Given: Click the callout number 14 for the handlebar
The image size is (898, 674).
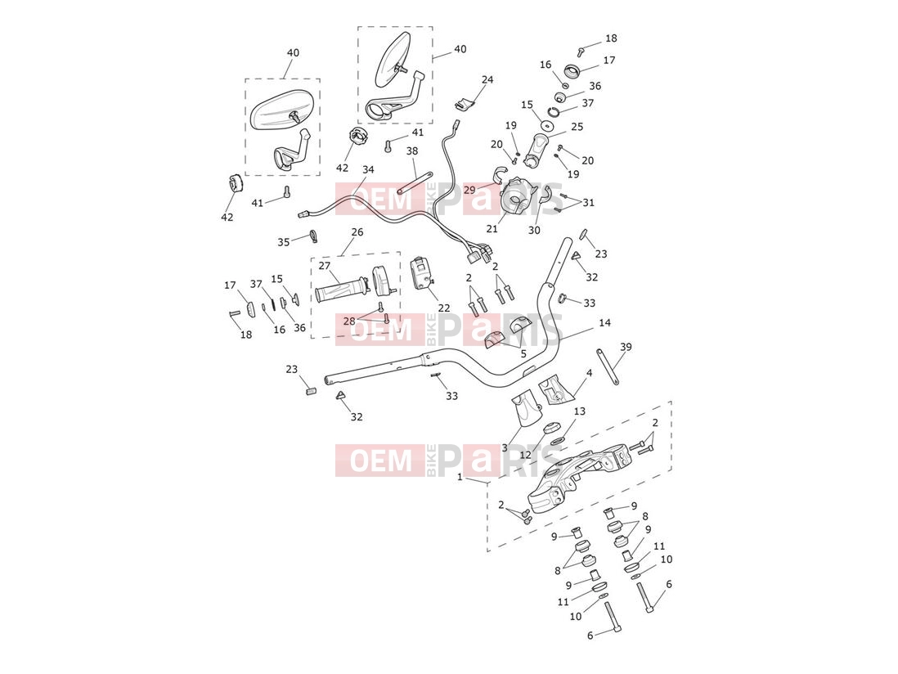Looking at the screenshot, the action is click(604, 323).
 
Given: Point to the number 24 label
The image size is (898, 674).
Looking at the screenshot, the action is click(487, 79).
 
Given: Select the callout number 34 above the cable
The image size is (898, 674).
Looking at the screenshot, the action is click(368, 169).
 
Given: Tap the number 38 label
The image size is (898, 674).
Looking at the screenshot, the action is click(412, 151).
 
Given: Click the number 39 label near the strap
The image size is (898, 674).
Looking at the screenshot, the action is click(626, 347).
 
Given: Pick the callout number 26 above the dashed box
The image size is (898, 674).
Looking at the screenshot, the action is click(357, 232).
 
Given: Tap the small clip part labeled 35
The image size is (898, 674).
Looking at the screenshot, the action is click(313, 235).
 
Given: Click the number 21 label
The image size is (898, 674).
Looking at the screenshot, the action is click(492, 229).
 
